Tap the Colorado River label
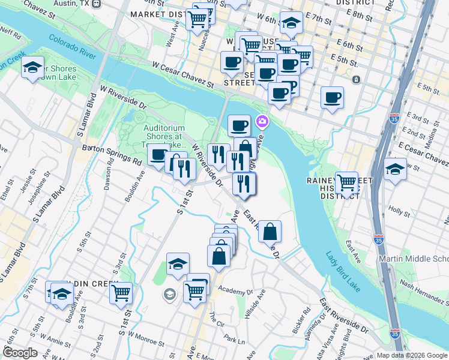[x=73, y=47]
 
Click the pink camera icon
[x=262, y=122]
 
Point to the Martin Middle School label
[x=414, y=259]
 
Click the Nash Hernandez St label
[x=424, y=286]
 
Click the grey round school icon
[x=169, y=294]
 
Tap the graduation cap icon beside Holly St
[x=395, y=169]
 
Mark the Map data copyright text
[x=412, y=355]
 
